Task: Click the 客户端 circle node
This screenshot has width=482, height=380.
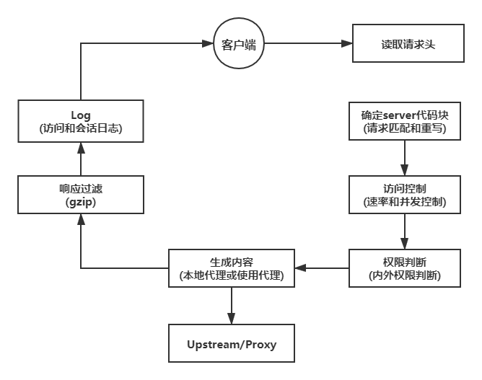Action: pyautogui.click(x=239, y=45)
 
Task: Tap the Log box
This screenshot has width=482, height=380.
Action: pyautogui.click(x=81, y=121)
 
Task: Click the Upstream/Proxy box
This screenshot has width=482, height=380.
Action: pyautogui.click(x=232, y=343)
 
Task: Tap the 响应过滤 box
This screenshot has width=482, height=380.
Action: pyautogui.click(x=81, y=195)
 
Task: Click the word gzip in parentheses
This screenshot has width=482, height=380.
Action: pyautogui.click(x=81, y=203)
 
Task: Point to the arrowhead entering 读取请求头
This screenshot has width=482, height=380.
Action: pyautogui.click(x=347, y=45)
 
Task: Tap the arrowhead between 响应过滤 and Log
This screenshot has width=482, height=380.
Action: pyautogui.click(x=81, y=146)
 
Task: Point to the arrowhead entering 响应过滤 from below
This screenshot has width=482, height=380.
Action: pyautogui.click(x=81, y=220)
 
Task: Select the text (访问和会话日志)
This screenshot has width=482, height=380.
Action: pyautogui.click(x=81, y=129)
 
